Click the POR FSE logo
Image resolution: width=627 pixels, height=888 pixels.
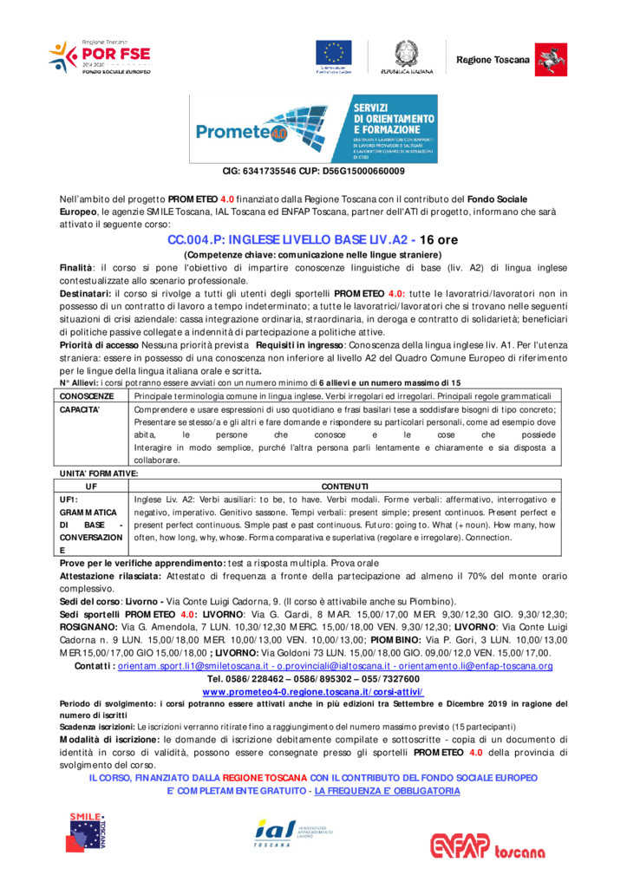coord(99,57)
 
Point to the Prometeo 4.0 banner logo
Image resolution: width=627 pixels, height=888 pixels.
coord(313,129)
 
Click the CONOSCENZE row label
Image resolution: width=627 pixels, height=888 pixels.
coord(87,395)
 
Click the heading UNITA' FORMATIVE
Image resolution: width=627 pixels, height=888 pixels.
coord(99,473)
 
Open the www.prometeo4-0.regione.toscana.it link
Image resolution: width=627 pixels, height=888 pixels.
coord(313,691)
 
